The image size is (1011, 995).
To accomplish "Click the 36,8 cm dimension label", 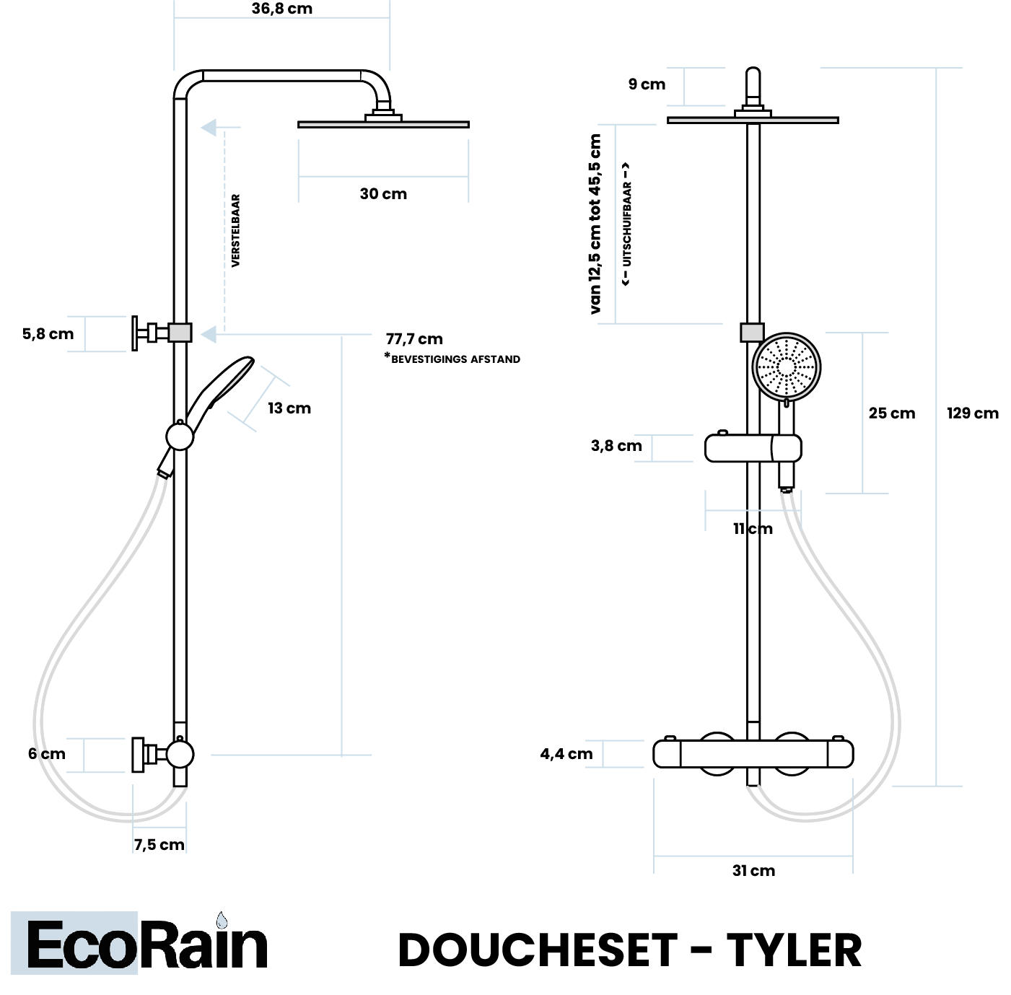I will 281,9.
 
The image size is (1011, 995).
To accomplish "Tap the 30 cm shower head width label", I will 383,194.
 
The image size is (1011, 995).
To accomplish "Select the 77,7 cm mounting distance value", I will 414,339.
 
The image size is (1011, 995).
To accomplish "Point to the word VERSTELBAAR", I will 236,231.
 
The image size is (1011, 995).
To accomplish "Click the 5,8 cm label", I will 48,334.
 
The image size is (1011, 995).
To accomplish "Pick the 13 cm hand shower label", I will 289,408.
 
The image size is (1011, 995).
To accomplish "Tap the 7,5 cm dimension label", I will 159,845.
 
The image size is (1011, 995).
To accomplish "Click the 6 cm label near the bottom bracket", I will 47,754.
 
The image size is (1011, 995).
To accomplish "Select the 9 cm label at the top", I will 647,84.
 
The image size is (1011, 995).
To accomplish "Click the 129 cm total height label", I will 972,413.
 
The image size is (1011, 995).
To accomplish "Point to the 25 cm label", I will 891,413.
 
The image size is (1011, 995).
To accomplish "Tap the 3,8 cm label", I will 616,446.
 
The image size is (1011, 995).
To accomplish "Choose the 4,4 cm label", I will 566,754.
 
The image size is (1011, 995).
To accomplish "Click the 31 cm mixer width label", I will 753,871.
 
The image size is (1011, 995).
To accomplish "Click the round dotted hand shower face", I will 786,367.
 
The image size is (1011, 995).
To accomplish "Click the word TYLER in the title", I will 794,950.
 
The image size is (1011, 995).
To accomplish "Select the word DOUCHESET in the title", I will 538,950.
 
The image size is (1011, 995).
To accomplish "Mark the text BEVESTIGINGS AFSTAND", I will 455,359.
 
